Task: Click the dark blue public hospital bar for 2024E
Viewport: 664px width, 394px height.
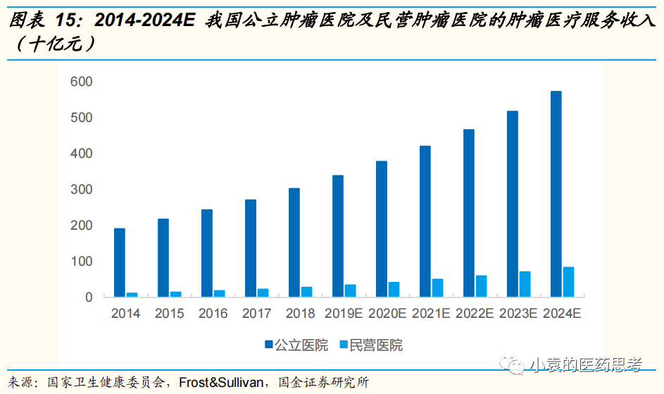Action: (x=556, y=194)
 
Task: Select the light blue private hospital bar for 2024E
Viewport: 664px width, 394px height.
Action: (x=568, y=282)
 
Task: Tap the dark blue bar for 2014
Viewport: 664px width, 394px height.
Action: (x=120, y=262)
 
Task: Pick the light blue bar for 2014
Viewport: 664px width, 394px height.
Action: (x=132, y=294)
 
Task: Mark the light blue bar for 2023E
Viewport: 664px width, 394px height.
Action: (x=525, y=284)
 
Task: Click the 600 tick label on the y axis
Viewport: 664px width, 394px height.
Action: (x=82, y=82)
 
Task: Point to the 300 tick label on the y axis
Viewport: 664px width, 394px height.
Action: (x=82, y=190)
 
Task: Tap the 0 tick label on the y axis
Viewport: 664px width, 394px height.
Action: (x=89, y=297)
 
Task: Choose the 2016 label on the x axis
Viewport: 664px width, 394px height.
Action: (x=213, y=314)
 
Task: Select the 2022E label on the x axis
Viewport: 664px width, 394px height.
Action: (x=475, y=314)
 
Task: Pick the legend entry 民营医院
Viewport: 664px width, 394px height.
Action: (x=376, y=345)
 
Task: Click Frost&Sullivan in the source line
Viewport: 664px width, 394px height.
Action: (x=223, y=383)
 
